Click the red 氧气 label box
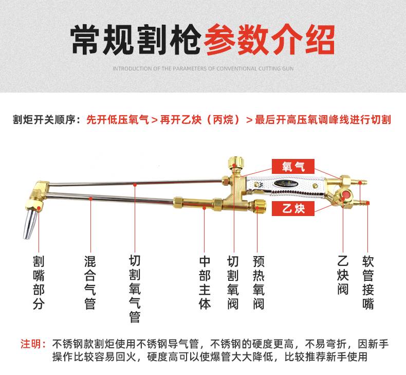pyautogui.click(x=293, y=166)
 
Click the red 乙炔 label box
pyautogui.click(x=293, y=209)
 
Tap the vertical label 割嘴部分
pyautogui.click(x=39, y=282)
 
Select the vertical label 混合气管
pyautogui.click(x=90, y=282)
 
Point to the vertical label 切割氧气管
pyautogui.click(x=135, y=289)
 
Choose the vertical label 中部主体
pyautogui.click(x=205, y=282)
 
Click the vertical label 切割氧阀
pyautogui.click(x=233, y=282)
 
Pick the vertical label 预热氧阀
pyautogui.click(x=259, y=282)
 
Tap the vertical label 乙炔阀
pyautogui.click(x=343, y=275)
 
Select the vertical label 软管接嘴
pyautogui.click(x=368, y=282)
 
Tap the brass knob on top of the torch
pyautogui.click(x=234, y=163)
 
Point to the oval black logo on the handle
pyautogui.click(x=286, y=184)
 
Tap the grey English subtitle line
pyautogui.click(x=203, y=69)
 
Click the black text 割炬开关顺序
pyautogui.click(x=45, y=120)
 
